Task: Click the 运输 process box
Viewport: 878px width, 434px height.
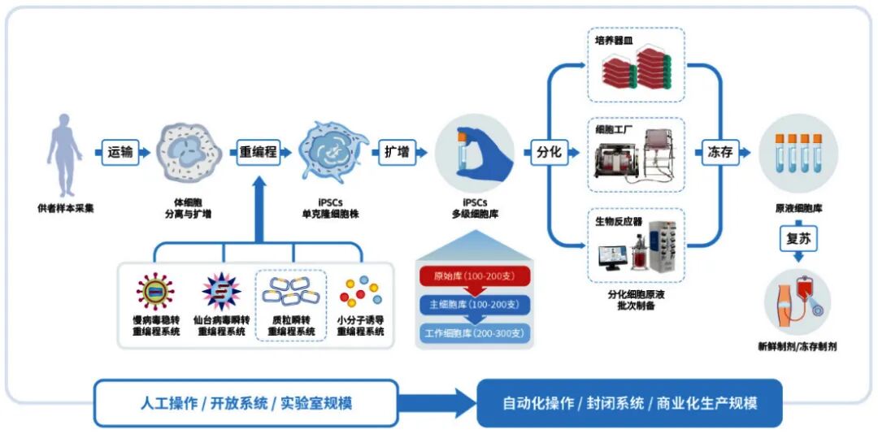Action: point(120,152)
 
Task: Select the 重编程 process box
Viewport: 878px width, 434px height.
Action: point(258,152)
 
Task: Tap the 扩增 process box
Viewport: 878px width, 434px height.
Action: point(396,152)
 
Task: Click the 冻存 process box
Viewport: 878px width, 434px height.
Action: point(716,152)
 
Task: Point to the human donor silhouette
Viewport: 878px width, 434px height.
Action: point(64,154)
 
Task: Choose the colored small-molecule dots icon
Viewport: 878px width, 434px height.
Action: point(360,292)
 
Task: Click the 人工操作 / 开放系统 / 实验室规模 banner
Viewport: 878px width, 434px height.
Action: point(246,403)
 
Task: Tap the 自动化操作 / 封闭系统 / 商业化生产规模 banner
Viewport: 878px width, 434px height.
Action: point(629,403)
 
